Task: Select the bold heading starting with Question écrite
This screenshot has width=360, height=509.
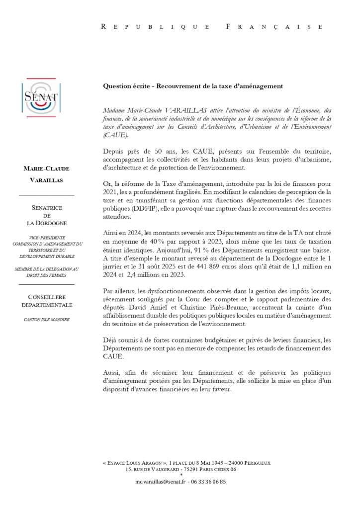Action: (193, 86)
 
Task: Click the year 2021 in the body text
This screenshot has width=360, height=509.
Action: (112, 191)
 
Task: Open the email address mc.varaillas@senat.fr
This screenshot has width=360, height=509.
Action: (160, 482)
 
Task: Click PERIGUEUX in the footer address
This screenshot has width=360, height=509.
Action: (253, 462)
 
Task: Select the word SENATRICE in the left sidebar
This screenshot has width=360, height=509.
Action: (47, 207)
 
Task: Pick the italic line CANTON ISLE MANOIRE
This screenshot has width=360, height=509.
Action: (47, 319)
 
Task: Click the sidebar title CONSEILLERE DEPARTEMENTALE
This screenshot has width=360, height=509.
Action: (47, 301)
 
